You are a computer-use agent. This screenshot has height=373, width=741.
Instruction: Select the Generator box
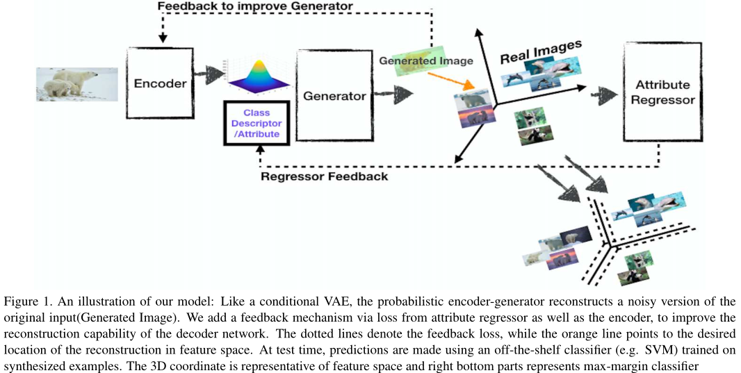pos(334,96)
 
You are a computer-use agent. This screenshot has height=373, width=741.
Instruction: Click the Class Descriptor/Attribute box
pos(256,123)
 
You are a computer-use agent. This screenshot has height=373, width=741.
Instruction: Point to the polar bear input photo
pos(77,85)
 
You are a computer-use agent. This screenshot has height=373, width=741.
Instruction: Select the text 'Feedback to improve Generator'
pos(255,7)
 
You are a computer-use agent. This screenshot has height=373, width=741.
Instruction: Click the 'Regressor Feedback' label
pos(324,176)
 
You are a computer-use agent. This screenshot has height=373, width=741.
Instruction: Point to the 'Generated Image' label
pos(426,60)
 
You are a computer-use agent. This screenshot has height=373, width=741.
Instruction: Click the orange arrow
pos(457,78)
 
